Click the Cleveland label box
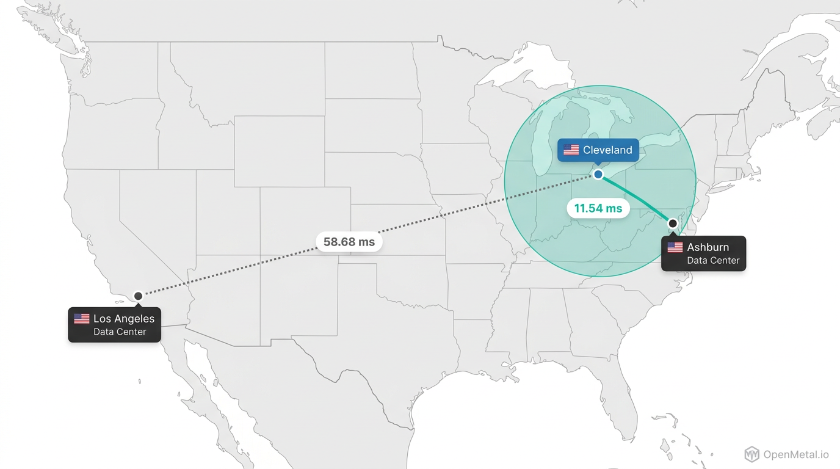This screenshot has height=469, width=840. click(x=598, y=150)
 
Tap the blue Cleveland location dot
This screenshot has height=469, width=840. click(x=598, y=175)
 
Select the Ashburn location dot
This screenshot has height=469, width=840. click(x=673, y=224)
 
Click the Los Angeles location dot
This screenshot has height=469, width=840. click(x=138, y=296)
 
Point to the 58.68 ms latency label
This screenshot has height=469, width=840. click(x=349, y=242)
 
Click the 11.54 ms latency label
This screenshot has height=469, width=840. click(x=598, y=208)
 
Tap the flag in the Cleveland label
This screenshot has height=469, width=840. click(x=571, y=150)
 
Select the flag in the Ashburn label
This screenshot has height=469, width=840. click(x=675, y=247)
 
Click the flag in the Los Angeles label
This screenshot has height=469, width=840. click(x=82, y=319)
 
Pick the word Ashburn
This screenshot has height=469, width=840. click(x=708, y=247)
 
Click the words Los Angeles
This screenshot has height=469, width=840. click(x=124, y=319)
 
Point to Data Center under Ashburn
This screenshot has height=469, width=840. click(x=713, y=261)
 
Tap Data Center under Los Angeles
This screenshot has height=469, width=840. click(x=120, y=332)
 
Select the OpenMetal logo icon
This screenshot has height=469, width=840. click(x=752, y=454)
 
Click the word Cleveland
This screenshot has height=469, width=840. click(x=607, y=150)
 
